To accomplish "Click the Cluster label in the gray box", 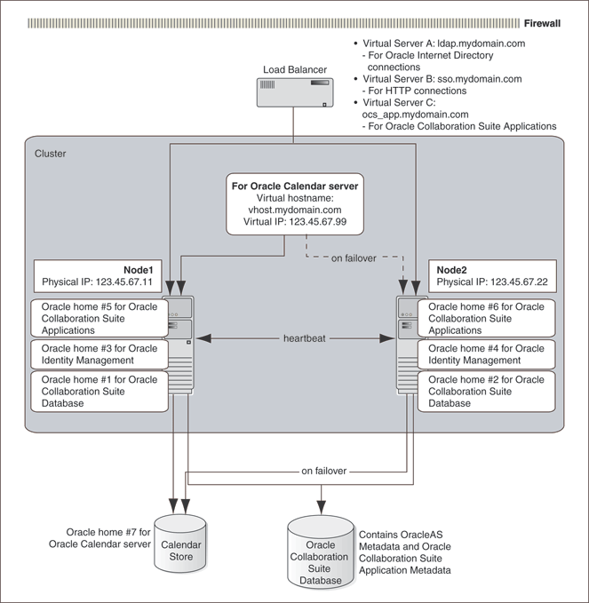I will (50, 154).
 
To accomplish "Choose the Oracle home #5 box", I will (99, 317).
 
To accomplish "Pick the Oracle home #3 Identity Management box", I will (99, 354).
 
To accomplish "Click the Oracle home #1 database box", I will (99, 392).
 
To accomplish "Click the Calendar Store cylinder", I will (181, 541).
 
